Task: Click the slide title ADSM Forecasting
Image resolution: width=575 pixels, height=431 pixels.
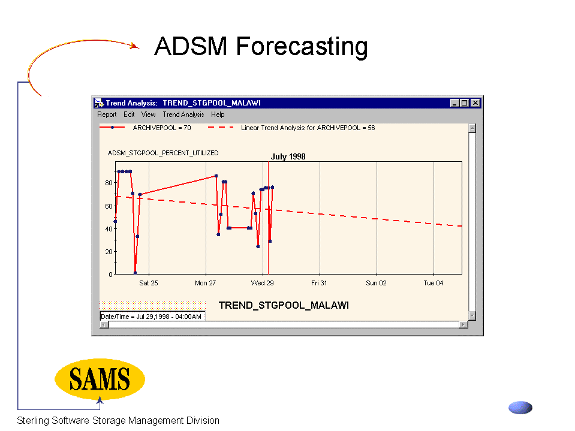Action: click(261, 47)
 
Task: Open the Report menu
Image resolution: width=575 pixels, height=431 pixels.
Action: click(107, 114)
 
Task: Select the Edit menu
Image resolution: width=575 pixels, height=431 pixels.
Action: click(129, 114)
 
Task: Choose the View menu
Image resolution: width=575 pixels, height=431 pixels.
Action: click(149, 114)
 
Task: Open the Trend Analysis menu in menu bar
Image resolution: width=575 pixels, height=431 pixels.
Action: click(183, 114)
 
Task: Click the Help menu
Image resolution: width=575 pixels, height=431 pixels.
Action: click(218, 114)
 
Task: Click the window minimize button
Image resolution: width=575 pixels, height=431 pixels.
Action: click(454, 103)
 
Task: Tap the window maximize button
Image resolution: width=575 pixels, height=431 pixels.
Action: click(464, 103)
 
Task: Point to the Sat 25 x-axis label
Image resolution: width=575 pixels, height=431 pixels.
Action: click(149, 283)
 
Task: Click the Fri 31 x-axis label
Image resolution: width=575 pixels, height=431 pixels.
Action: click(319, 283)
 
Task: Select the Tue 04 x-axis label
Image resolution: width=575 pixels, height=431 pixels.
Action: click(433, 283)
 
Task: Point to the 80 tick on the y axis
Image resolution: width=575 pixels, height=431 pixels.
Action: click(109, 183)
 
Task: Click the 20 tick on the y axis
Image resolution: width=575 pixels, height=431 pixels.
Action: click(109, 252)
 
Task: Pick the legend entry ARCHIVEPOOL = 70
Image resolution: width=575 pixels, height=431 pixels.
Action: click(162, 128)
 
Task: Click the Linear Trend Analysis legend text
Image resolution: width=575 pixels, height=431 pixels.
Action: click(308, 128)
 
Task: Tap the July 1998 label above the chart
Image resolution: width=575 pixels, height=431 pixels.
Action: click(288, 156)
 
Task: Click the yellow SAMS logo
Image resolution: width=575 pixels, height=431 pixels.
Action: click(100, 379)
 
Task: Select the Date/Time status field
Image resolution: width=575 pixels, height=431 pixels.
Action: click(152, 317)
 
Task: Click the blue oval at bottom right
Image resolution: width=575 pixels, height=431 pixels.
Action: click(520, 408)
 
